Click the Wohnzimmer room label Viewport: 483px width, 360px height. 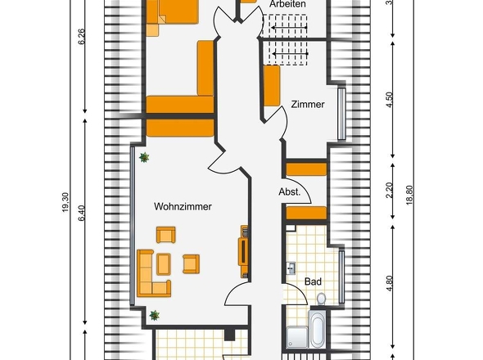(183, 206)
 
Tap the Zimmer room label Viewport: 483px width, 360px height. (308, 105)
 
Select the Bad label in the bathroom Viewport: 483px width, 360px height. (313, 281)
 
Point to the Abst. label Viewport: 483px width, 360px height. (289, 191)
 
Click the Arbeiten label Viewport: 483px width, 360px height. (287, 4)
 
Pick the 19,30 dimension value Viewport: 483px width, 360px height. (65, 202)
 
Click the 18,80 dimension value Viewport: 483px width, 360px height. (409, 195)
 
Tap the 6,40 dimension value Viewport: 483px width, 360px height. (81, 214)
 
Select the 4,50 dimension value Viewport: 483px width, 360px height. (390, 100)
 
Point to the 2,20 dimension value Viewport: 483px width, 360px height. (390, 191)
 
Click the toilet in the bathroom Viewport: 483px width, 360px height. (321, 299)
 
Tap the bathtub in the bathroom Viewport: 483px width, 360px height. (318, 329)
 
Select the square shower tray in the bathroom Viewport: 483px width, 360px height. (297, 338)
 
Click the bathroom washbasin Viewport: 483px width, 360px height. (291, 268)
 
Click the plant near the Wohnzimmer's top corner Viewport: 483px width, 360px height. (144, 157)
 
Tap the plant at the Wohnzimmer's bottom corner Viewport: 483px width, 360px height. (155, 315)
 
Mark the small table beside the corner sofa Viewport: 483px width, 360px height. (164, 264)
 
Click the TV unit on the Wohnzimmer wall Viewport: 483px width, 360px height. (243, 252)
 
